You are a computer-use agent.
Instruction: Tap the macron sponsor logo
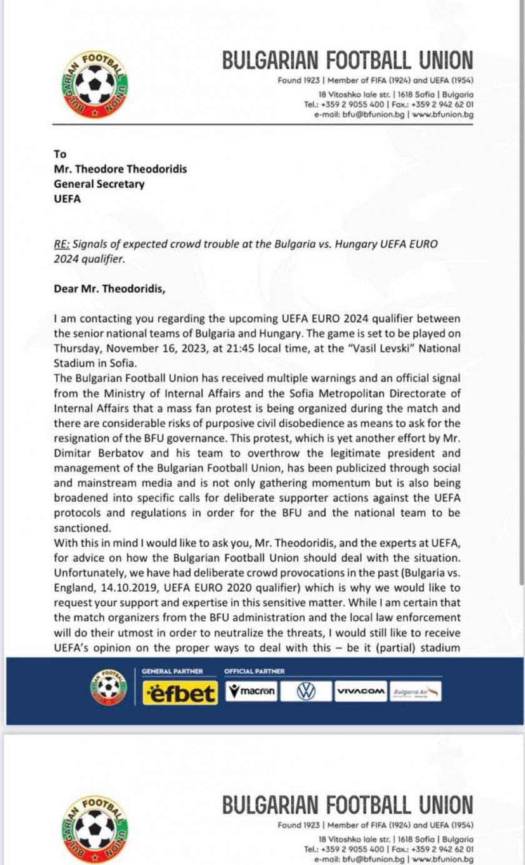(251, 691)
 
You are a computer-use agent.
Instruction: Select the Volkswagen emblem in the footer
(306, 691)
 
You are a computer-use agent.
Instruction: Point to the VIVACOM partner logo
(360, 691)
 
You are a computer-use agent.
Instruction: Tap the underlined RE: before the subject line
(61, 245)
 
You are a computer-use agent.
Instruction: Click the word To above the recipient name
(59, 154)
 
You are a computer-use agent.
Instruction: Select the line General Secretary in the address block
(99, 184)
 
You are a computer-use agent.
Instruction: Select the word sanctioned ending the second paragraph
(80, 527)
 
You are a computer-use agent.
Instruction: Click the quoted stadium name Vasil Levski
(356, 348)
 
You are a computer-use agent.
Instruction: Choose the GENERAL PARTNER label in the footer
(172, 671)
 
